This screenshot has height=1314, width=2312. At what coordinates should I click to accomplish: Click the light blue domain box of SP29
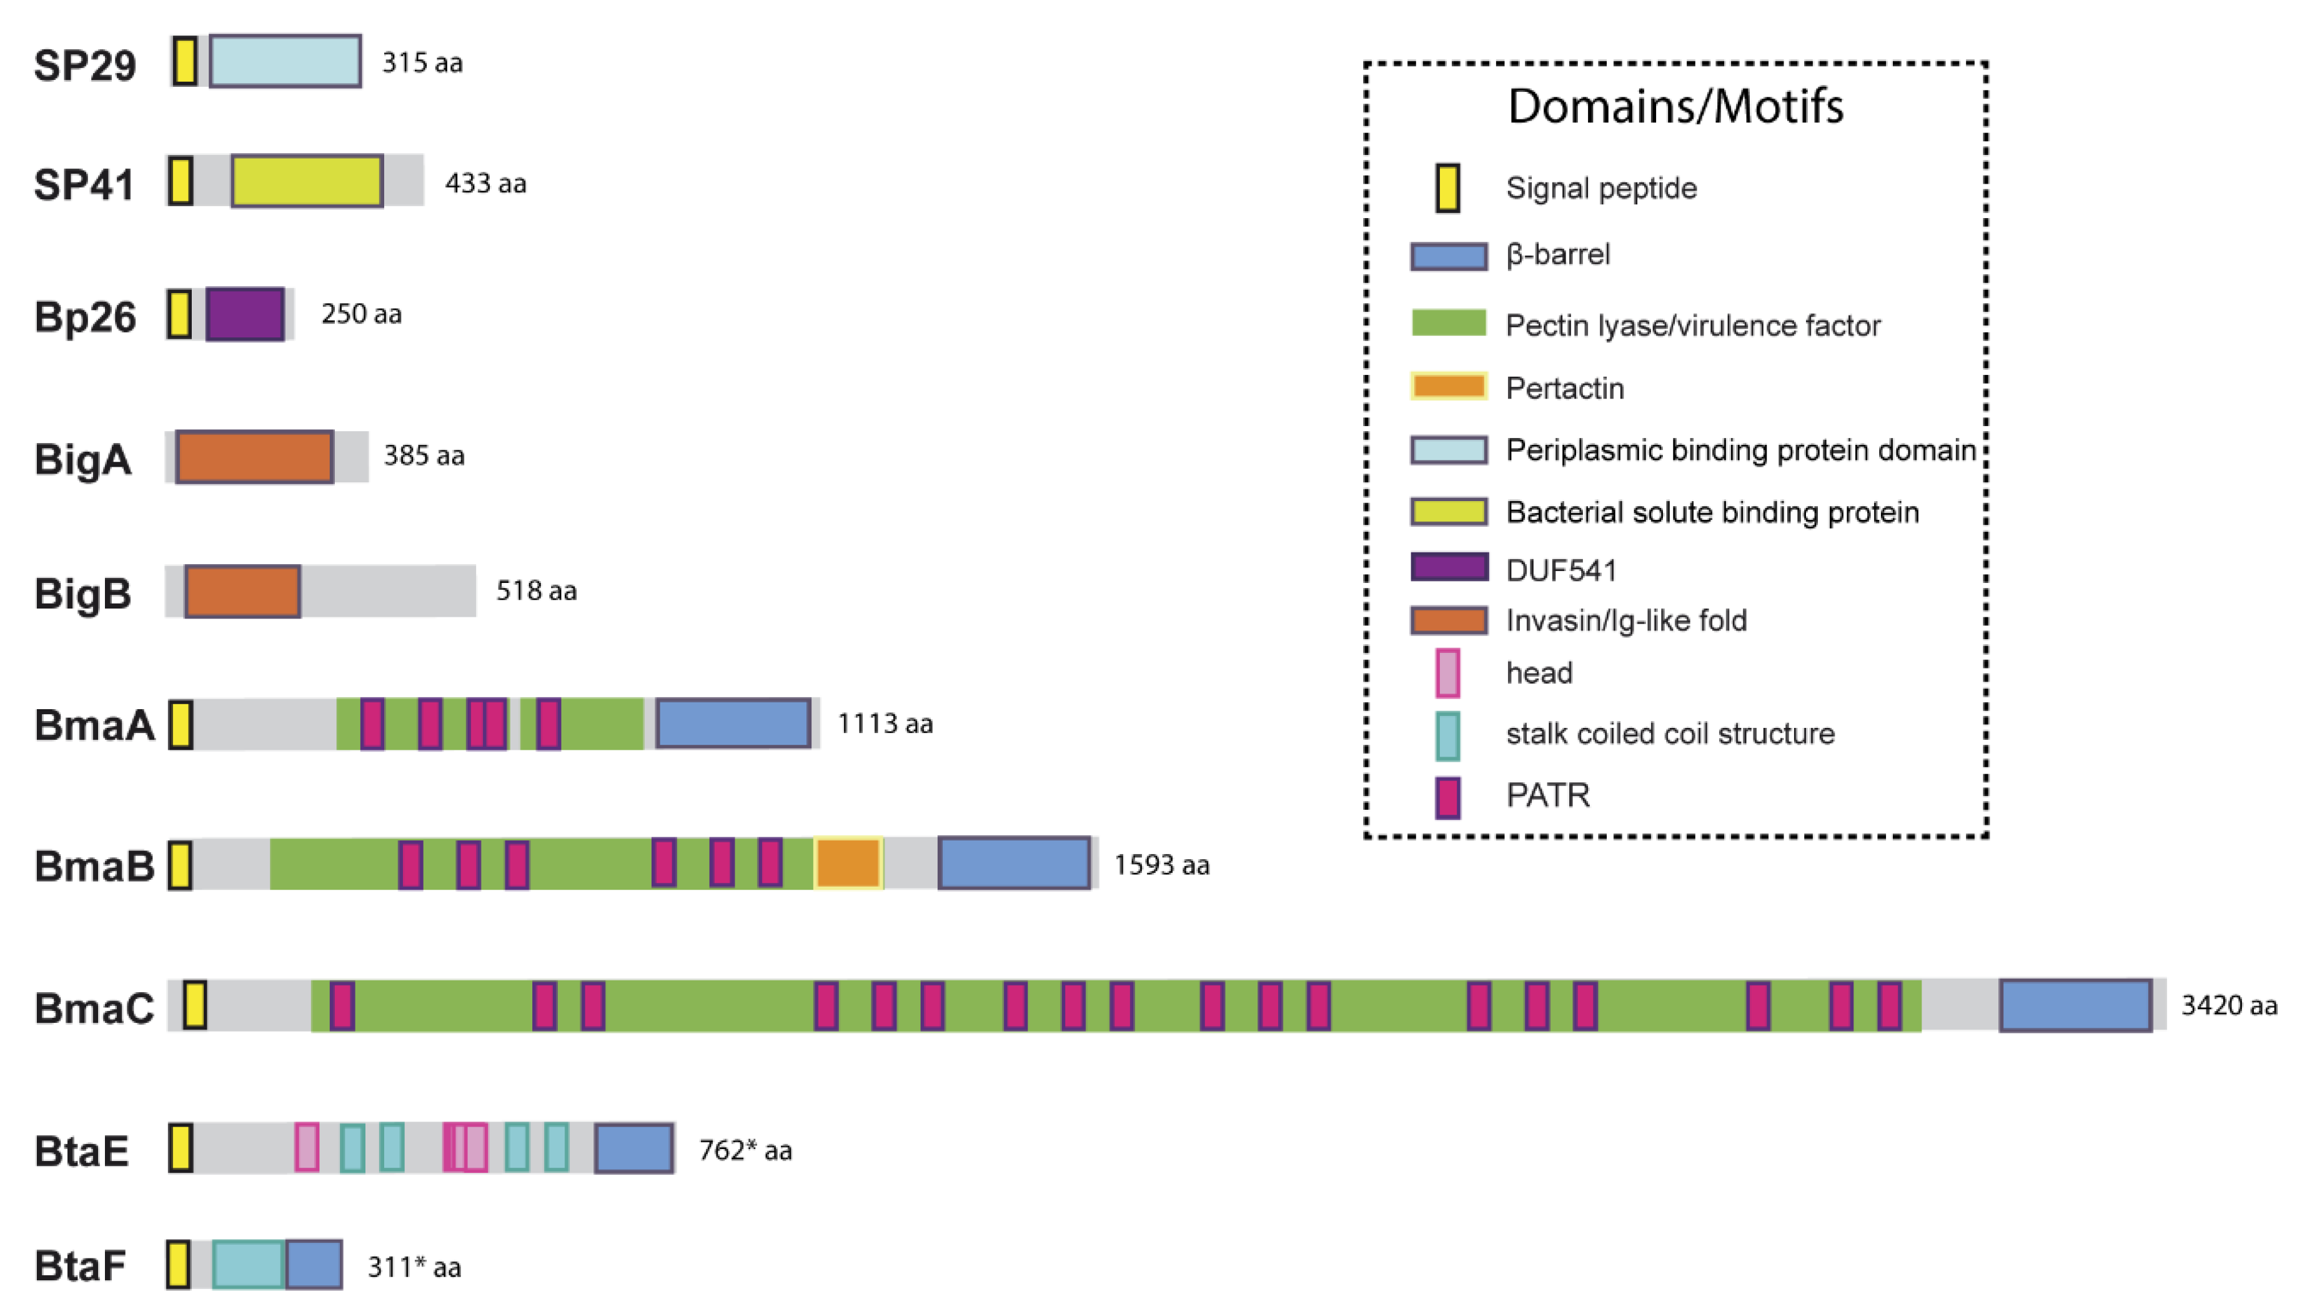point(285,61)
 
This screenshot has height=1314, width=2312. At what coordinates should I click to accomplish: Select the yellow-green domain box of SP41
point(307,181)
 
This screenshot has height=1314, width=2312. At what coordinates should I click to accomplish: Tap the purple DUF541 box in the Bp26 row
point(244,314)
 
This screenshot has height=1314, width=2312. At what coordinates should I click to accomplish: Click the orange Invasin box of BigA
point(254,457)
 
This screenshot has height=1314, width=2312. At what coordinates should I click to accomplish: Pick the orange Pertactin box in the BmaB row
point(848,863)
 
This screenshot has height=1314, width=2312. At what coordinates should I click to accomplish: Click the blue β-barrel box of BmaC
point(2075,1005)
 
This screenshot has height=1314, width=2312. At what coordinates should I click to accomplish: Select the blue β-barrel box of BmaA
point(733,723)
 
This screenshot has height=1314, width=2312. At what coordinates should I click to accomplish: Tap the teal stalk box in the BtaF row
point(248,1265)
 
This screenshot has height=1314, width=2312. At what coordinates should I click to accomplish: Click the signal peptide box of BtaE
point(181,1148)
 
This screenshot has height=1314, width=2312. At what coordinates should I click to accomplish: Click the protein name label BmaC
point(94,1007)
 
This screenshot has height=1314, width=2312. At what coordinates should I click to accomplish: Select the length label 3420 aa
point(2229,1005)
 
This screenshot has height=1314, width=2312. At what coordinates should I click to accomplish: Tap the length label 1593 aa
point(1161,865)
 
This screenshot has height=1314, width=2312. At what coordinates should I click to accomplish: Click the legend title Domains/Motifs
point(1675,106)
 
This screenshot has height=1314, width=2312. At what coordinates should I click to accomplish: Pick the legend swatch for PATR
point(1448,797)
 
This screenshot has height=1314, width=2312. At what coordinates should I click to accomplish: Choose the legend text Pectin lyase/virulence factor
point(1692,325)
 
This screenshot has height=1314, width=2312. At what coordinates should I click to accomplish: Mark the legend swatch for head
point(1448,673)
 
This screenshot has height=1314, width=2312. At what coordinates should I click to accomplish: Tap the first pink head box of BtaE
point(307,1147)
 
